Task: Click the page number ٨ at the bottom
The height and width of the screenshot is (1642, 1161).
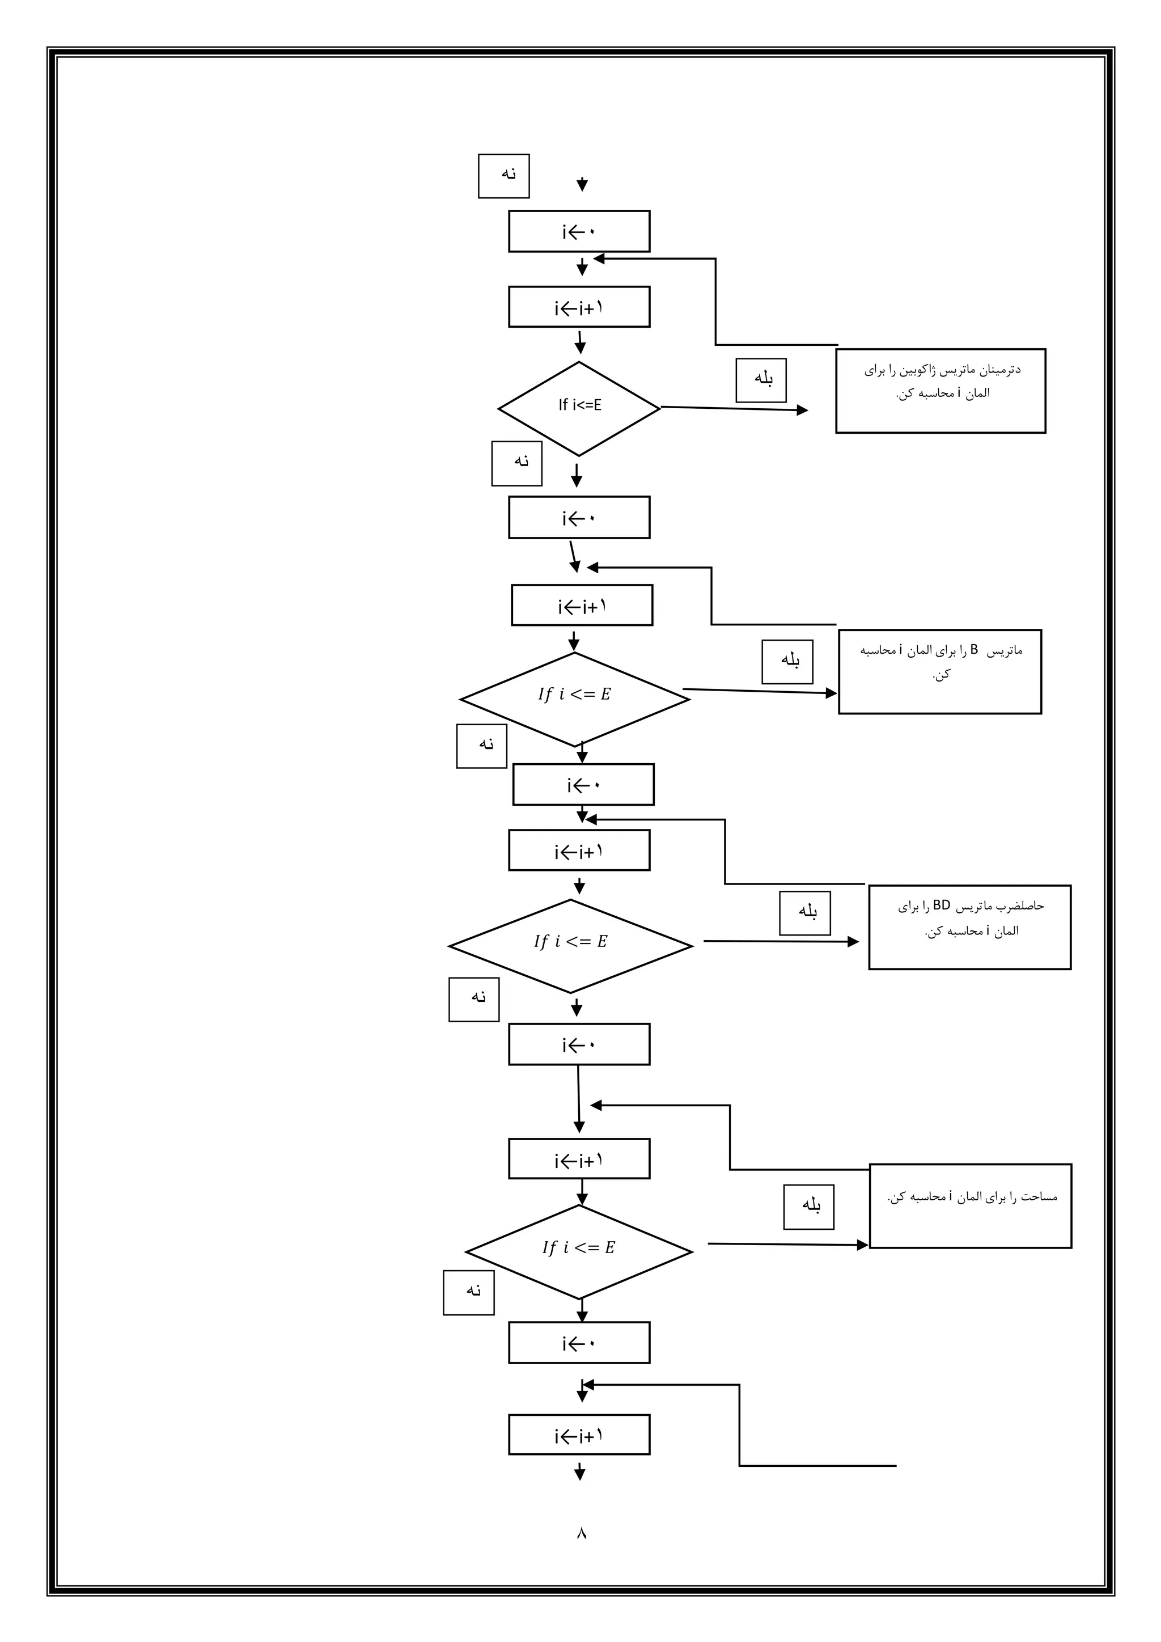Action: tap(580, 1533)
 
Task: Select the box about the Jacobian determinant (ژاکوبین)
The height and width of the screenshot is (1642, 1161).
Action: tap(940, 391)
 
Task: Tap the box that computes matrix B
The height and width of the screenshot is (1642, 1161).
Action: tap(939, 671)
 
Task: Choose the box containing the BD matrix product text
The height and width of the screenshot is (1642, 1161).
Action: tap(969, 927)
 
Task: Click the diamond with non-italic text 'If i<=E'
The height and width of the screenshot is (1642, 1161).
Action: tap(579, 408)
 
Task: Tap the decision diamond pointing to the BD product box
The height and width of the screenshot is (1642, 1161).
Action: tap(570, 945)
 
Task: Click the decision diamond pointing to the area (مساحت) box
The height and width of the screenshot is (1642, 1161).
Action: tap(579, 1251)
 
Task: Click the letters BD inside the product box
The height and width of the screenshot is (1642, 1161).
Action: tap(942, 905)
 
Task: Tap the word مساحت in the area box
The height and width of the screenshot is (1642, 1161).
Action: tap(1040, 1196)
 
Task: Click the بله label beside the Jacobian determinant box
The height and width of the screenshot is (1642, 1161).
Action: tap(761, 380)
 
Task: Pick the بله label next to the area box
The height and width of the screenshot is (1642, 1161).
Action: tap(808, 1207)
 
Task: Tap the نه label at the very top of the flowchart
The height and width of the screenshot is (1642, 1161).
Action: tap(504, 175)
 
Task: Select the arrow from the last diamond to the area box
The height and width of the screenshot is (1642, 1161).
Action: tap(786, 1245)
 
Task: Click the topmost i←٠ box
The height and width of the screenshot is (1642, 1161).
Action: tap(579, 231)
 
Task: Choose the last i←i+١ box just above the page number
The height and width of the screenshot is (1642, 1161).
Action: tap(579, 1434)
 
